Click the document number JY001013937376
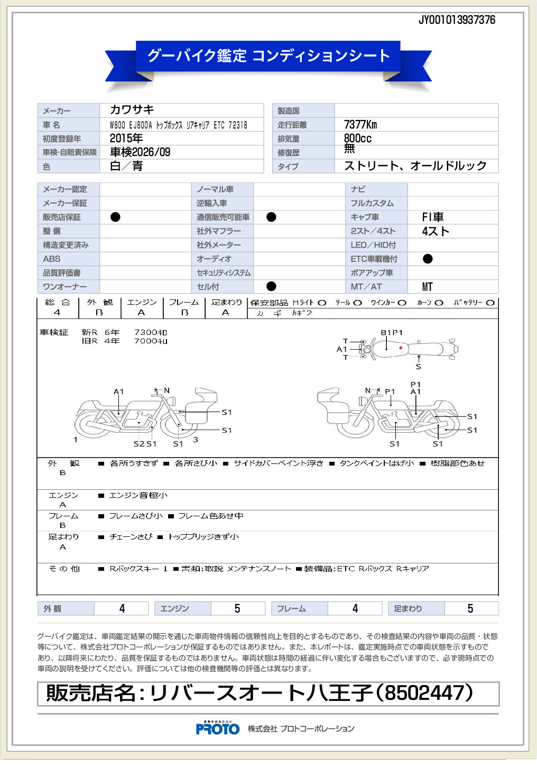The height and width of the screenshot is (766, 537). (457, 20)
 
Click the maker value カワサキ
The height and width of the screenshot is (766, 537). (132, 110)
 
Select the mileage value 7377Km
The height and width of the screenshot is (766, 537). (360, 125)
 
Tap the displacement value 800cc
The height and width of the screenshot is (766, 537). (358, 139)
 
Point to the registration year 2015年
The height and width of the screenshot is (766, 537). (126, 139)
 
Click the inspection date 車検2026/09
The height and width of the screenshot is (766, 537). (140, 152)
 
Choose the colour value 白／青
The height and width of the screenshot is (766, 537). (126, 166)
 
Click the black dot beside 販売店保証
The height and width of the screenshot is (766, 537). (115, 217)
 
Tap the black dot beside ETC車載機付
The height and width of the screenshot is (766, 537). (428, 259)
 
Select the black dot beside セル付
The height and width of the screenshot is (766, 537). (271, 286)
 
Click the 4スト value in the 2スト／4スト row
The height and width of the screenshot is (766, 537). (436, 231)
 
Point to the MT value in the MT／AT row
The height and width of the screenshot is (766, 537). (428, 287)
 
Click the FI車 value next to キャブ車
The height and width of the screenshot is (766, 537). (432, 217)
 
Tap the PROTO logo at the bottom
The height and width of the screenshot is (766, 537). (218, 728)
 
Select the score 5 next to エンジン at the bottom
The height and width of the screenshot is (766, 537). (237, 609)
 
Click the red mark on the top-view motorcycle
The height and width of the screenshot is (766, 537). (401, 348)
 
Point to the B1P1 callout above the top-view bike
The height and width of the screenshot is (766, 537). (392, 333)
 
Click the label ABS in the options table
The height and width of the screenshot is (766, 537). (52, 259)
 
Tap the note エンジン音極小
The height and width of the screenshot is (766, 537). (138, 496)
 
